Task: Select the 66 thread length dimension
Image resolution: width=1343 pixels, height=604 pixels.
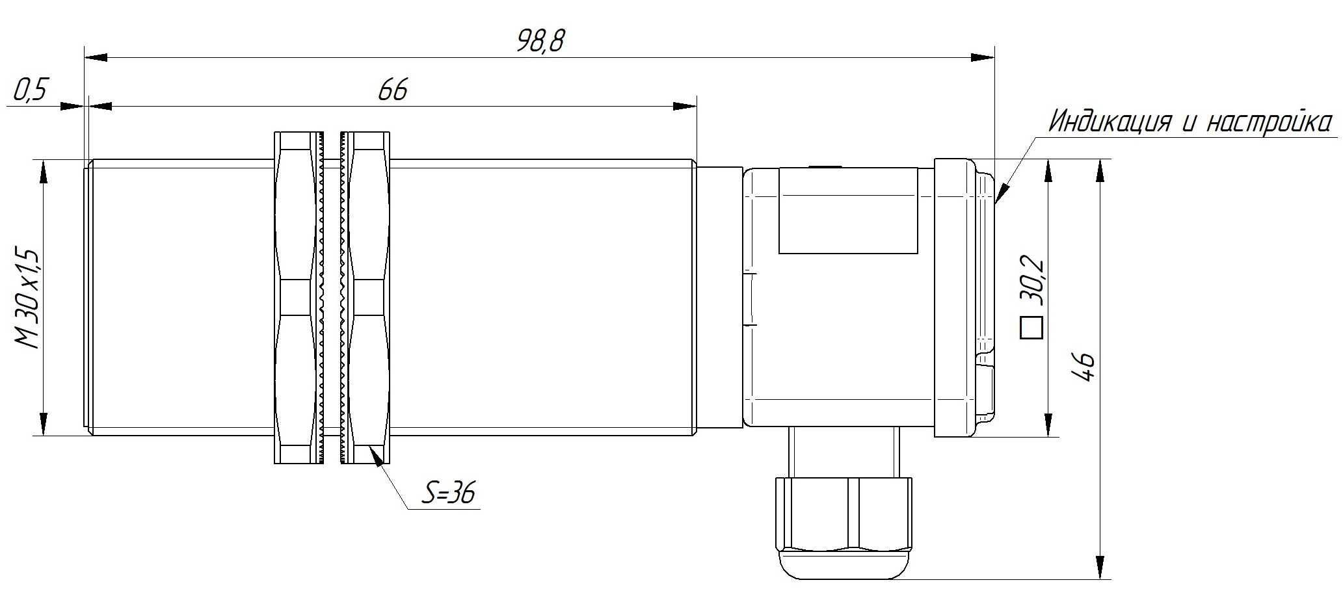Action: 393,90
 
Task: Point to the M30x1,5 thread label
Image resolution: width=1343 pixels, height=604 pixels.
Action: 29,298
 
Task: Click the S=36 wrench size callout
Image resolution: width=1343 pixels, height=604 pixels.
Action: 448,493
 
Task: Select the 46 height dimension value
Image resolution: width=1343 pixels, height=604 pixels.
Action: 1083,369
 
